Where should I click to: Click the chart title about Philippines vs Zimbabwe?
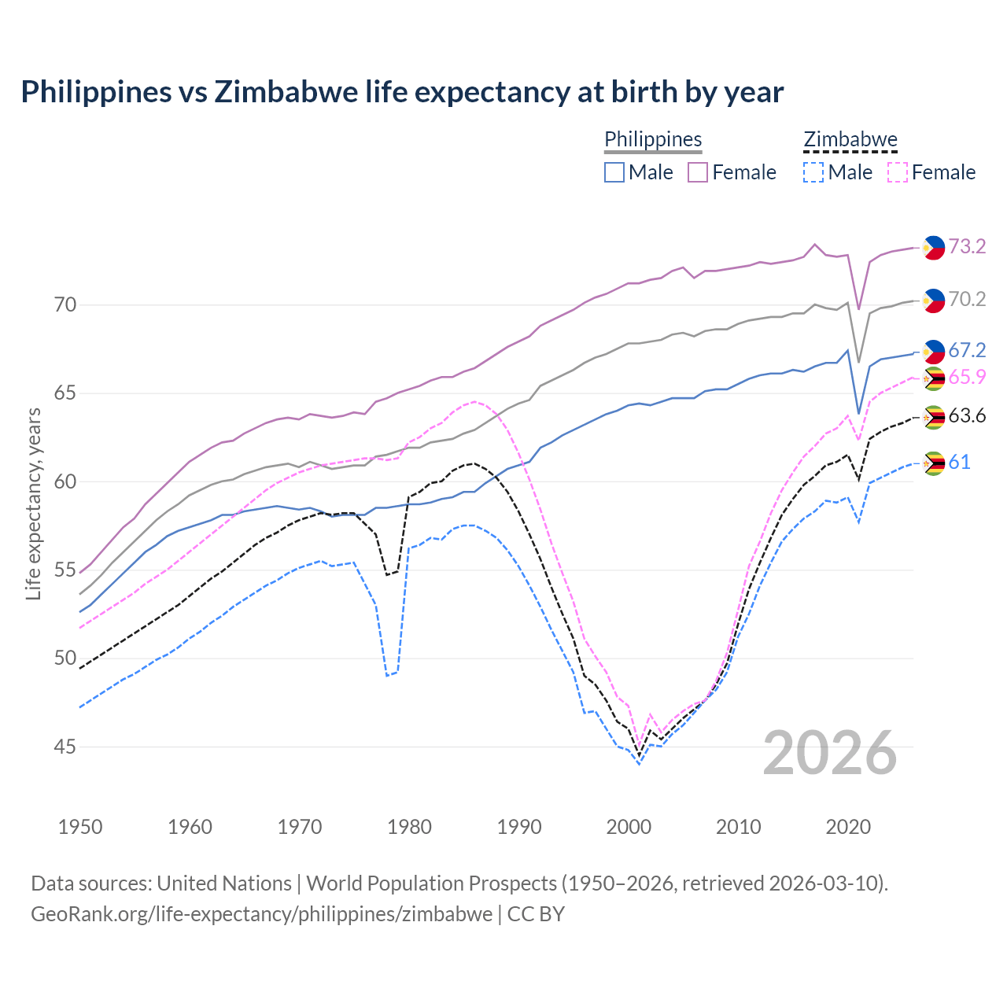click(402, 92)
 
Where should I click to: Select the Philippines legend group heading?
click(653, 139)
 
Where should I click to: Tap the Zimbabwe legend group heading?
click(850, 139)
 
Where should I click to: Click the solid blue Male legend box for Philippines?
click(614, 172)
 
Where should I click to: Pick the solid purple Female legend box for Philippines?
click(698, 172)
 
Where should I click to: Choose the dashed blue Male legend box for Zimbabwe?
click(813, 172)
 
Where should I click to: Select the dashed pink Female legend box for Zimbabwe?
click(897, 172)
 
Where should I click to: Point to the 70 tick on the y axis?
click(65, 304)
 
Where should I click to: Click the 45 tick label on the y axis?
click(65, 747)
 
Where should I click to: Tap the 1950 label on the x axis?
click(80, 827)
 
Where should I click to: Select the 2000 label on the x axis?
click(629, 827)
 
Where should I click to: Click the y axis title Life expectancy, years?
click(33, 503)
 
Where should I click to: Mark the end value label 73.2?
click(967, 247)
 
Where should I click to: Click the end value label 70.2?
click(967, 300)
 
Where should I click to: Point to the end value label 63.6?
click(967, 416)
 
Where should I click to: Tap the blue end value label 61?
click(959, 463)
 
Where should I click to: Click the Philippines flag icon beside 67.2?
click(933, 352)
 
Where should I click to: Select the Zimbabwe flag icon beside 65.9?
click(933, 378)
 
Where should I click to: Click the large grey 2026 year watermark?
click(829, 753)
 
